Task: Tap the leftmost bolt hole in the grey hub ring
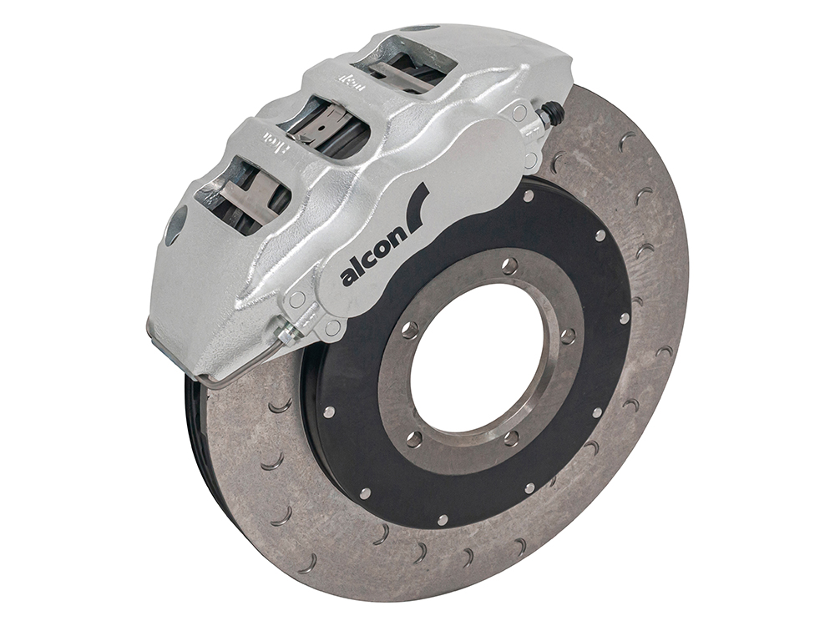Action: click(411, 327)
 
